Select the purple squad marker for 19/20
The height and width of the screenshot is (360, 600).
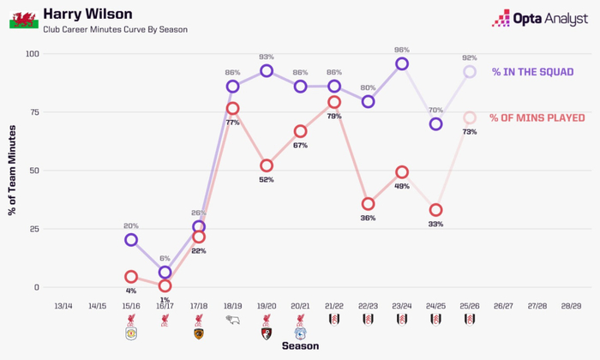[x=267, y=71]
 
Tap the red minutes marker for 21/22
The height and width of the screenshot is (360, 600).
[x=334, y=103]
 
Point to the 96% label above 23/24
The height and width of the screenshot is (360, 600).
[x=402, y=50]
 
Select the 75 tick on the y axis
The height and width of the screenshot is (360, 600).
[x=34, y=112]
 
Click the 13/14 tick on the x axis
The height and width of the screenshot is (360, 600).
[x=63, y=306]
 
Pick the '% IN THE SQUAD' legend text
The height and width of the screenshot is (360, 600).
[x=532, y=73]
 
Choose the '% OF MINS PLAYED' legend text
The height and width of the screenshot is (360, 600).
[x=537, y=117]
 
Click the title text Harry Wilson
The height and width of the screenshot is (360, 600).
[x=83, y=13]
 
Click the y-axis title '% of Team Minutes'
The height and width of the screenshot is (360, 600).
[x=13, y=171]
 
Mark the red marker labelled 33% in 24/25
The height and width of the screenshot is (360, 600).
[x=435, y=210]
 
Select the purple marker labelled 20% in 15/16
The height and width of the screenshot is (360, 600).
[x=130, y=240]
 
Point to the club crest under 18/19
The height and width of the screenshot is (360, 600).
[x=232, y=321]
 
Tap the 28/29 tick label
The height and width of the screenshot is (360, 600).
[x=572, y=306]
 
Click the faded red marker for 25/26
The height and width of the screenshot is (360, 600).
[x=470, y=117]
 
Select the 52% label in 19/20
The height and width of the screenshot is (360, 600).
[x=267, y=180]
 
